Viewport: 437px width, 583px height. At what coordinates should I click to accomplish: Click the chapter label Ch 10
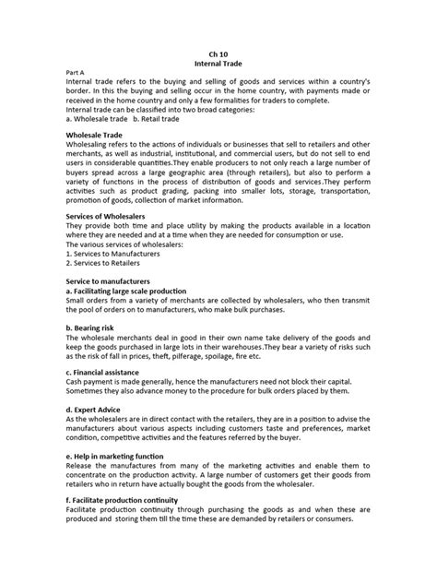click(x=218, y=54)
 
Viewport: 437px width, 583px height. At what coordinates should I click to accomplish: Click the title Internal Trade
click(x=218, y=65)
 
